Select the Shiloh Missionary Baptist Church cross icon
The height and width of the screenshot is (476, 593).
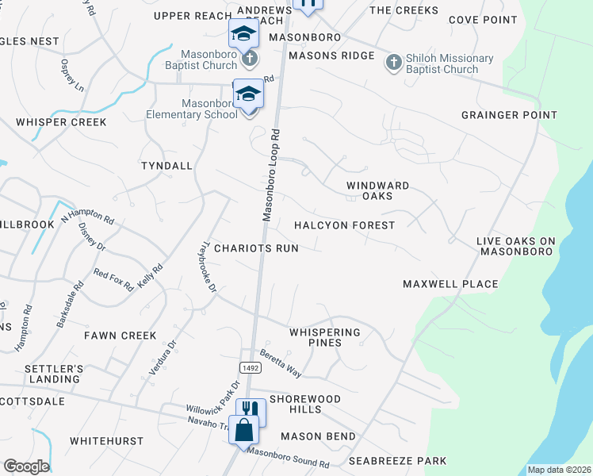(x=393, y=63)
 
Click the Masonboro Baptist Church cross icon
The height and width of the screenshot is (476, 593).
(x=249, y=58)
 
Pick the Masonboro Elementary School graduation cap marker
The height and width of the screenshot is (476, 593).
(x=249, y=95)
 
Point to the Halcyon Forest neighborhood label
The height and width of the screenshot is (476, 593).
(x=344, y=225)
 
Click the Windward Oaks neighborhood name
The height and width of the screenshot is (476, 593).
(x=377, y=190)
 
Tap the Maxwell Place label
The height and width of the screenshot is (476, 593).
(x=450, y=284)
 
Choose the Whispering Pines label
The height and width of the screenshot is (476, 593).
(x=325, y=337)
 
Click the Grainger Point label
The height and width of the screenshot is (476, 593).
(x=510, y=115)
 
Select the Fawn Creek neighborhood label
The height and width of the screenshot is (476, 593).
(x=121, y=336)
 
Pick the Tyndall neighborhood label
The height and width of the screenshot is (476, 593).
(x=166, y=166)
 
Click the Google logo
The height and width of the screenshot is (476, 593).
(x=26, y=466)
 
